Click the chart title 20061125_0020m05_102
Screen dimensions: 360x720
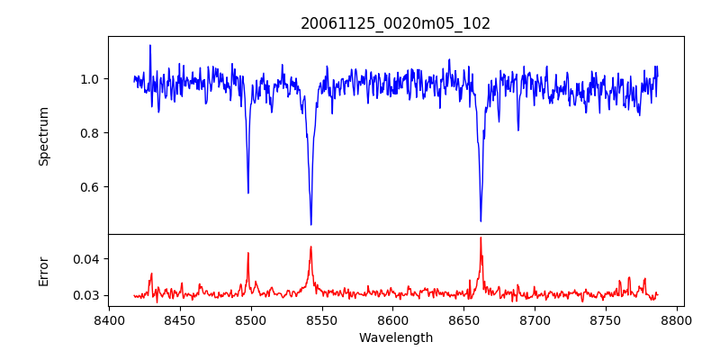pyautogui.click(x=396, y=23)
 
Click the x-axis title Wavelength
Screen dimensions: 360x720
pyautogui.click(x=396, y=338)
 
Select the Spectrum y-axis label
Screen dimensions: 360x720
pyautogui.click(x=43, y=136)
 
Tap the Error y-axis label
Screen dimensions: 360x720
pyautogui.click(x=43, y=271)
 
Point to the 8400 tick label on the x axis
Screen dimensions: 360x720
pyautogui.click(x=109, y=320)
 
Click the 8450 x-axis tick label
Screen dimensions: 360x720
pyautogui.click(x=180, y=320)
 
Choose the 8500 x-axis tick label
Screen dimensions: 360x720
pyautogui.click(x=251, y=320)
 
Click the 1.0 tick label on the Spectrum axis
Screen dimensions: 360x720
pyautogui.click(x=89, y=79)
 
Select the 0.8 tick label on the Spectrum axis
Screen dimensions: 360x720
pyautogui.click(x=89, y=133)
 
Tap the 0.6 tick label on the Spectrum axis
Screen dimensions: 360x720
pyautogui.click(x=89, y=187)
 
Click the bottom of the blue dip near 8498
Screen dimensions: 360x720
pyautogui.click(x=248, y=193)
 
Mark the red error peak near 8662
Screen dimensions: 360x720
pyautogui.click(x=481, y=238)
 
